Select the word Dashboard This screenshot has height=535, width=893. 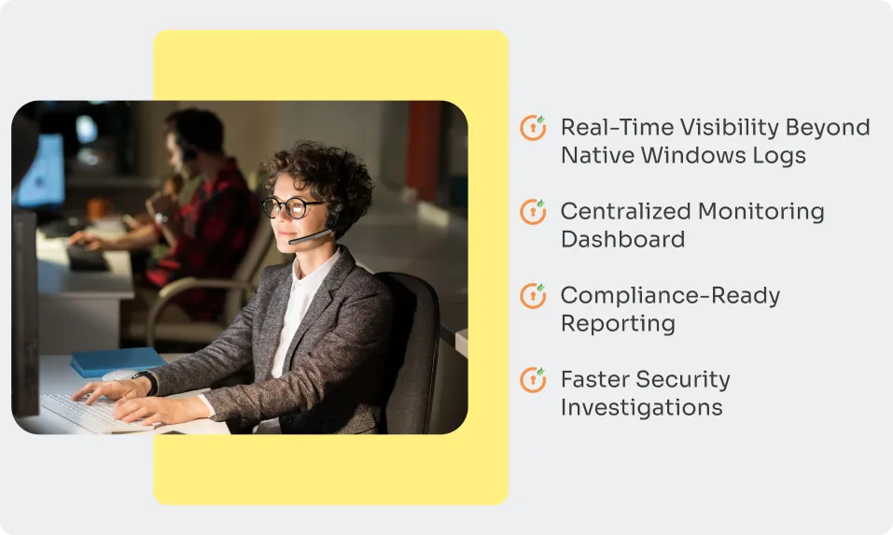coord(622,239)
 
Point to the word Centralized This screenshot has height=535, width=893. coord(625,212)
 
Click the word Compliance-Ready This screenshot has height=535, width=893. coord(670,296)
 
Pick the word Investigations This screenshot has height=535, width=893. coord(641,407)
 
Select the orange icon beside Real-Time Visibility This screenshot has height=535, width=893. coord(533,128)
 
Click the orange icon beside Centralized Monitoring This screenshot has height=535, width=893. coord(533,212)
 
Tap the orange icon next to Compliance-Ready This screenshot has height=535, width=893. coord(533,296)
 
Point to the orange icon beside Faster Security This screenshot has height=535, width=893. coord(533,380)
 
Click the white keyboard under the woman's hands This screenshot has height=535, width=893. coord(93,411)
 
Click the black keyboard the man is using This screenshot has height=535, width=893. coord(88,257)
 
